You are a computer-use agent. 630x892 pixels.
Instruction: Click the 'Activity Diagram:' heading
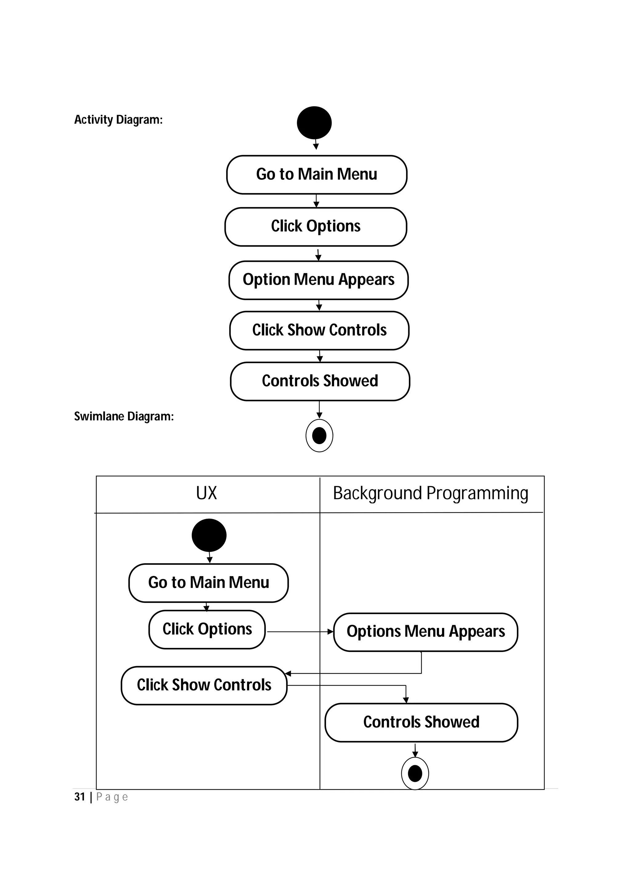tap(118, 120)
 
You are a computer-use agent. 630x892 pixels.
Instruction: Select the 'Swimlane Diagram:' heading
tap(124, 416)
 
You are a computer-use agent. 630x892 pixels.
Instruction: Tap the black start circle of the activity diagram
tap(314, 123)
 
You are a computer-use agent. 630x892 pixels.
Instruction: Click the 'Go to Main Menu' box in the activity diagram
tap(316, 175)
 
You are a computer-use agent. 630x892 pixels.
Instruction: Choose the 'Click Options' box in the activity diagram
tap(316, 227)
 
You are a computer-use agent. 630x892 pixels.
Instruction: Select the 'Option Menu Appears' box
tap(318, 280)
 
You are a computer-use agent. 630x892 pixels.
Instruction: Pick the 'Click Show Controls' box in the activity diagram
tap(319, 330)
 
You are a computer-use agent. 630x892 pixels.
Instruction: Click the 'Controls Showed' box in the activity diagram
tap(320, 381)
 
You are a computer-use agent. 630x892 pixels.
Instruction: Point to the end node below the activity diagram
tap(319, 436)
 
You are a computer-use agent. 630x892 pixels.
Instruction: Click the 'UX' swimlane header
tap(206, 493)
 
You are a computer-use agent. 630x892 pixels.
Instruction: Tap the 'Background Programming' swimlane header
tap(430, 493)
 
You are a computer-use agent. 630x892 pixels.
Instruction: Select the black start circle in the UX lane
tap(209, 535)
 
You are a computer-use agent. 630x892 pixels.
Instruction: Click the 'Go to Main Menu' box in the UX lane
tap(209, 583)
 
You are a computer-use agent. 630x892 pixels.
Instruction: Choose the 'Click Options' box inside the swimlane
tap(207, 629)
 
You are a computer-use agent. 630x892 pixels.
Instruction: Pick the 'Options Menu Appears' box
tap(425, 632)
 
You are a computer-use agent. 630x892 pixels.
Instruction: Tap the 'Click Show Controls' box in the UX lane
tap(204, 685)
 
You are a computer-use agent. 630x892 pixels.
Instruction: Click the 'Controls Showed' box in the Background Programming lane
tap(421, 722)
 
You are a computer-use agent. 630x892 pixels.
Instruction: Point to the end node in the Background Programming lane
tap(415, 773)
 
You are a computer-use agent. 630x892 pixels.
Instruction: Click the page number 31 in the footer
tap(80, 797)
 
